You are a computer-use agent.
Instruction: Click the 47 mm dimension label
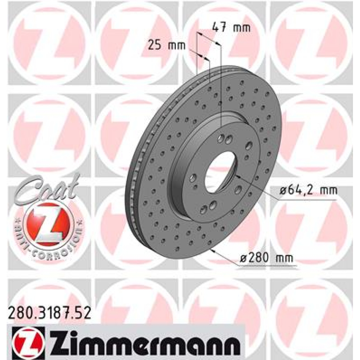(x=231, y=27)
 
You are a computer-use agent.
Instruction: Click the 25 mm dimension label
(x=162, y=45)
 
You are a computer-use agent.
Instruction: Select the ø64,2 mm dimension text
(x=308, y=191)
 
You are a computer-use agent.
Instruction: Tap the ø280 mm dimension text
(x=266, y=258)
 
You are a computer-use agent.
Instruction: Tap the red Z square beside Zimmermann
(x=28, y=340)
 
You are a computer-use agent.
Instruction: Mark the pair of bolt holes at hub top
(x=225, y=139)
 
